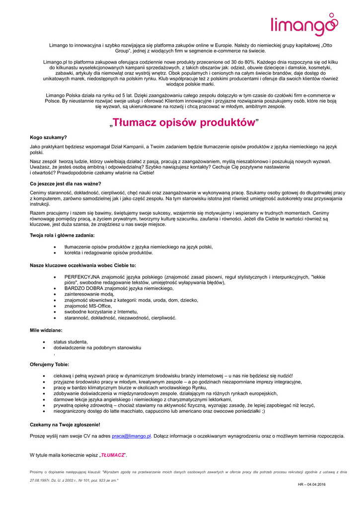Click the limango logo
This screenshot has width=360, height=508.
coord(304,25)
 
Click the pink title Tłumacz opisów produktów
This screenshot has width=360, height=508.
coord(184,123)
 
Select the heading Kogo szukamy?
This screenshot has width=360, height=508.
coord(48,137)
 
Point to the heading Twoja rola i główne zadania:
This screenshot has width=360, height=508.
coord(62,235)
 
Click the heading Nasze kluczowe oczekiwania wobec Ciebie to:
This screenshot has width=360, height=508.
coord(83,265)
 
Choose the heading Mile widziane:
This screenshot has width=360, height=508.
coord(46,330)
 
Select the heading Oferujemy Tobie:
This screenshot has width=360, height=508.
coord(50,364)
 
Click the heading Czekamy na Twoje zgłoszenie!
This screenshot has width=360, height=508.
coord(65,425)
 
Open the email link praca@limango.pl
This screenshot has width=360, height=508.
coord(131,436)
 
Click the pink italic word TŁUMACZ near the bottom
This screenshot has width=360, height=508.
coord(112,455)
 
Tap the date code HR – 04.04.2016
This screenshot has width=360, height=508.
coord(312,484)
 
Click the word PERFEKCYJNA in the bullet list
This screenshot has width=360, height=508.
coord(82,276)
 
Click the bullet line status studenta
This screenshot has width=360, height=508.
coord(71,342)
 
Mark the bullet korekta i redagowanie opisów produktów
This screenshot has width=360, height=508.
coord(108,253)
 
